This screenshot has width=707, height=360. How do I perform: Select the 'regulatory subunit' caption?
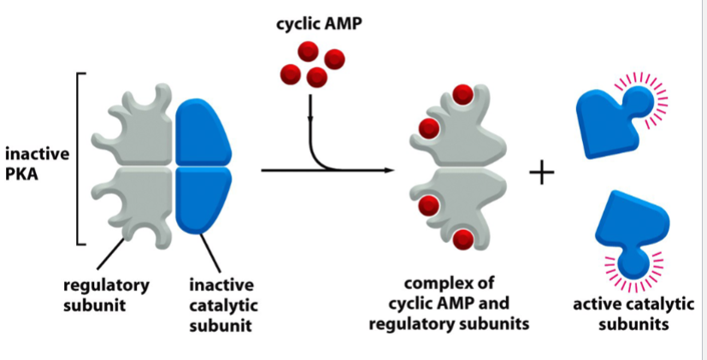pyautogui.click(x=105, y=295)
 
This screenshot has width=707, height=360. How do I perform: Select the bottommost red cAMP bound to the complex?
pyautogui.click(x=463, y=240)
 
